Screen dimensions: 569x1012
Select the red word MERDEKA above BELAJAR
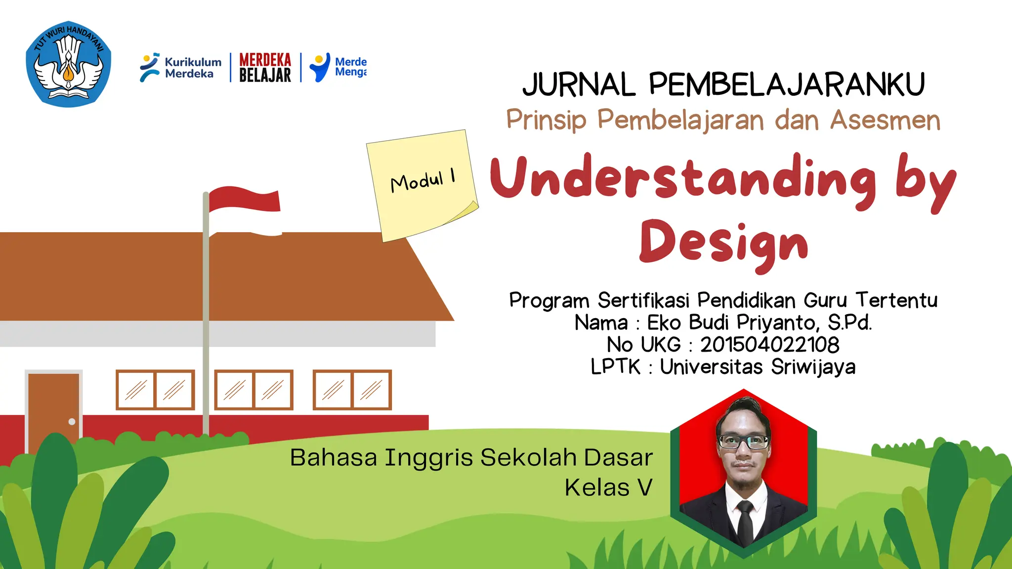click(265, 60)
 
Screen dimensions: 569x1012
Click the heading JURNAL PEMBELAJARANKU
click(723, 84)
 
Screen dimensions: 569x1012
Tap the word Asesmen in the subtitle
click(885, 120)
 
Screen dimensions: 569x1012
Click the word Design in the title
click(723, 244)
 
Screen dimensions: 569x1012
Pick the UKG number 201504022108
click(769, 345)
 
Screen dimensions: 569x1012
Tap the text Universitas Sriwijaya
click(757, 367)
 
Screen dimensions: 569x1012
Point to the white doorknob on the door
click(72, 422)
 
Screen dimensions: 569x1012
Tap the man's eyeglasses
click(743, 441)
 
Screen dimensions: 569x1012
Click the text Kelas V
click(608, 488)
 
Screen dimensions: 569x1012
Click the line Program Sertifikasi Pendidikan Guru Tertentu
click(723, 300)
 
